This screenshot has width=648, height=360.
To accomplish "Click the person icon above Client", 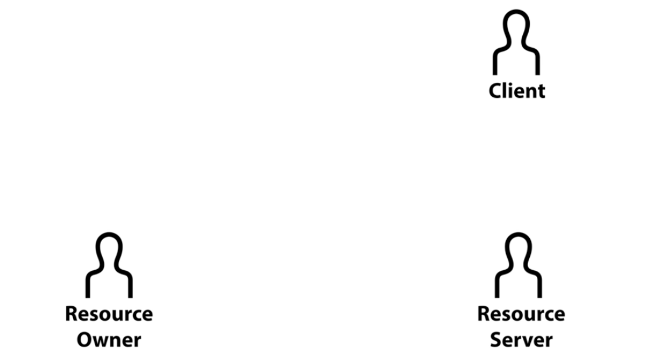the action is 516,43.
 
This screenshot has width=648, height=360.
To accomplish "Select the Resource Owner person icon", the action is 109,265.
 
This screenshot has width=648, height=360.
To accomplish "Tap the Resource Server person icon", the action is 519,265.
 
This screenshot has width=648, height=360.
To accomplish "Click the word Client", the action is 517,90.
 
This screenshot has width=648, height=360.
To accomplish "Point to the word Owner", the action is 109,340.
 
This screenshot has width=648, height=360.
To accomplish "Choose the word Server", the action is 521,340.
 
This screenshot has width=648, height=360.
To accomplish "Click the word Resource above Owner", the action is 109,314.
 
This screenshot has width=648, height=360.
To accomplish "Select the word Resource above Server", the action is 521,314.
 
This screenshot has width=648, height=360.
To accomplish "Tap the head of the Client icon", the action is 516,27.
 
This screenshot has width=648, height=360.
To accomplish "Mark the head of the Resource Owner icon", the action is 109,250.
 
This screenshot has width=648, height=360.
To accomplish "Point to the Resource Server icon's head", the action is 519,250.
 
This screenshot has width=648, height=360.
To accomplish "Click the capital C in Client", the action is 496,91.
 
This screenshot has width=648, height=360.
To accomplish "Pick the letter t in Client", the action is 540,91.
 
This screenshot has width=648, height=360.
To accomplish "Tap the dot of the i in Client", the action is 511,84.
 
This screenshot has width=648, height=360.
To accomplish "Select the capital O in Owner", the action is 85,340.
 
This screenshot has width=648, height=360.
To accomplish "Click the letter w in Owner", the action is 102,341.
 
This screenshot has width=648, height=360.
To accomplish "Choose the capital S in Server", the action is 496,340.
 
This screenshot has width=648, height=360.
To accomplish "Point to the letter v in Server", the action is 526,341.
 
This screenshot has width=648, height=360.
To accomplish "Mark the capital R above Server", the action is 484,314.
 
